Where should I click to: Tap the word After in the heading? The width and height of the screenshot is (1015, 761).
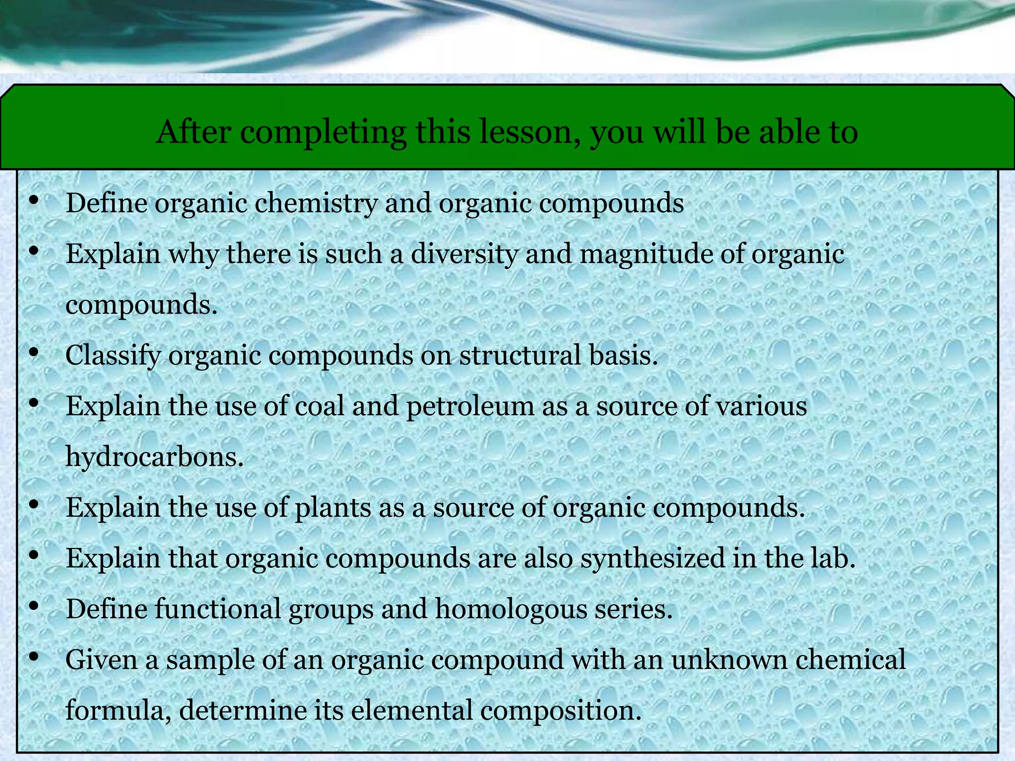193,132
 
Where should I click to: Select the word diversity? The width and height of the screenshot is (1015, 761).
464,254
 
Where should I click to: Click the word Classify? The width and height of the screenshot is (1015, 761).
113,356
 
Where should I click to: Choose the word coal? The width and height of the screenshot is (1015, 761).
320,406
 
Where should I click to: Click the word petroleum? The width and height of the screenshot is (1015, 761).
470,407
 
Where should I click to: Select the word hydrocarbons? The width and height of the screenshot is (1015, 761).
154,457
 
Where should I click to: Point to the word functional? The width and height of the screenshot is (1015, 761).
218,609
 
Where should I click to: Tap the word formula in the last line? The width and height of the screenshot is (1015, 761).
118,710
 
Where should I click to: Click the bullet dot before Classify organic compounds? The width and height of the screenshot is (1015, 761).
34,353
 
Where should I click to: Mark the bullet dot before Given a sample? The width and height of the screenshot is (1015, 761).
34,657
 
